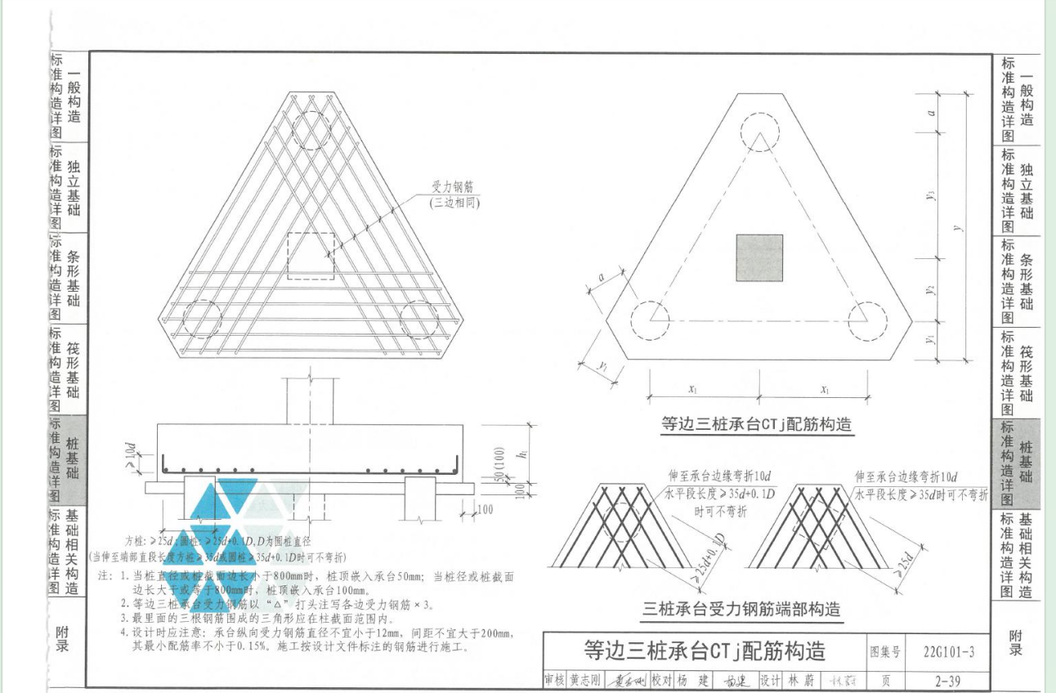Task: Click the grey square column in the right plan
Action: tap(759, 259)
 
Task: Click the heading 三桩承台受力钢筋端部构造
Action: tap(742, 610)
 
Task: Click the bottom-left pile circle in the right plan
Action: tap(650, 319)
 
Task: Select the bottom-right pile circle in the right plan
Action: tap(869, 319)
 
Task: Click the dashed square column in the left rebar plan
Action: tap(311, 256)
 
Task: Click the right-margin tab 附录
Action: tap(1015, 642)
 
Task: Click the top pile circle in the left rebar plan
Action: tap(313, 129)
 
